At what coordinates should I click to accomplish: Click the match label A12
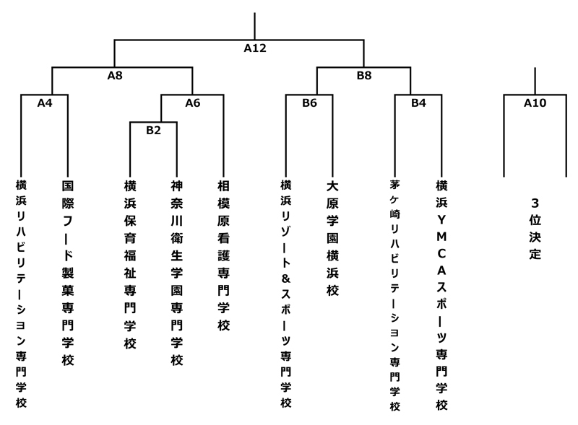[255, 49]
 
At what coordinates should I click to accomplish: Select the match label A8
[116, 74]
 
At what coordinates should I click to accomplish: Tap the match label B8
[364, 74]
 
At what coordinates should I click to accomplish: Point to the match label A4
[45, 102]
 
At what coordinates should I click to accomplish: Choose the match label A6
[192, 102]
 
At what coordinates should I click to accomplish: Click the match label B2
[153, 130]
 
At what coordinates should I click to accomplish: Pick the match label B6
[309, 102]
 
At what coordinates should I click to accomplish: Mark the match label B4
[418, 102]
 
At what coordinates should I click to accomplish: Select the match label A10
[535, 102]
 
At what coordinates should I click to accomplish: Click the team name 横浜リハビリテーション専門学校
[22, 293]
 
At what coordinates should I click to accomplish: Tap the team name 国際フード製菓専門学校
[68, 273]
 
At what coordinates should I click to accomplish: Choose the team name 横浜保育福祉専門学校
[130, 265]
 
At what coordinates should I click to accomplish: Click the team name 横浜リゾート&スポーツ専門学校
[286, 293]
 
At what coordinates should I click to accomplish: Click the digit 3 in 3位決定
[535, 203]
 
